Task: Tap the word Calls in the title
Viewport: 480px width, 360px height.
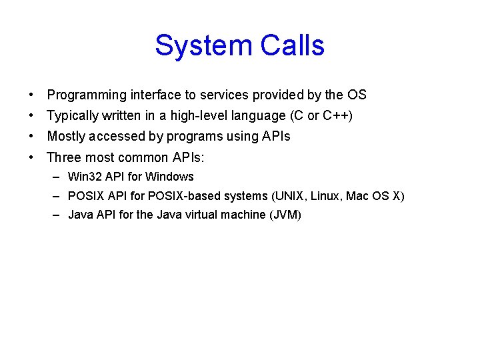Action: pos(293,46)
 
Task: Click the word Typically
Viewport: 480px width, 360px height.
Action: pos(73,116)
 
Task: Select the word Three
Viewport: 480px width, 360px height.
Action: pos(63,158)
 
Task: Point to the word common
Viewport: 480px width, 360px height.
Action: pos(143,158)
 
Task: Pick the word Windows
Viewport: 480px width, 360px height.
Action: pos(169,177)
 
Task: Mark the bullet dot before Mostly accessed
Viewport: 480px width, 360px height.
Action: pos(32,137)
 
